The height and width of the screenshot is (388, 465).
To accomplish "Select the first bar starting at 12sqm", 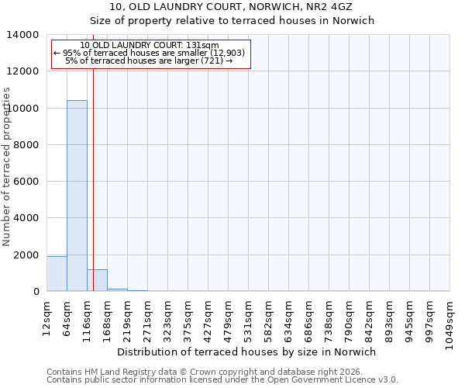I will point(57,274).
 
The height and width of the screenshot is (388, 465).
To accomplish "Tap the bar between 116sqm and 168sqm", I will point(97,281).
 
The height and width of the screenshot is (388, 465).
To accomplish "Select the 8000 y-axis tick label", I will point(26,145).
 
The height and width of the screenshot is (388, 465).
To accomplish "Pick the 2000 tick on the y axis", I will point(26,255).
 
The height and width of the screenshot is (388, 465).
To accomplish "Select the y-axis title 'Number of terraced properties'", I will point(7,167).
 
